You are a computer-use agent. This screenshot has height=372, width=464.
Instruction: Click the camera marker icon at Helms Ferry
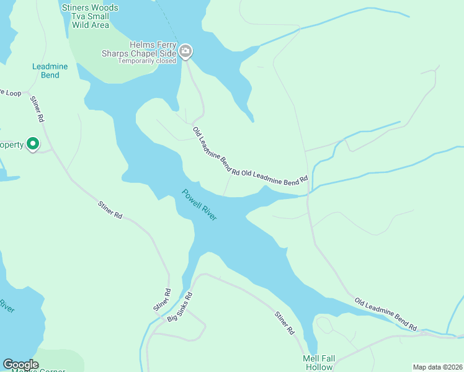[185, 51]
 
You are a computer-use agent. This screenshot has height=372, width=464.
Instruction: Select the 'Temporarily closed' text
[147, 61]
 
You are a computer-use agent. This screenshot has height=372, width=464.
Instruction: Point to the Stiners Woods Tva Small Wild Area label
[90, 16]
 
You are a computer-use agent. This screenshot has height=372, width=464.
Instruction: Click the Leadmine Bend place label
[46, 71]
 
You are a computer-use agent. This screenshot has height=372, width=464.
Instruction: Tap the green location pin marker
[32, 144]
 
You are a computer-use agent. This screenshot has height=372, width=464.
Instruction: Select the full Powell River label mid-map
[199, 206]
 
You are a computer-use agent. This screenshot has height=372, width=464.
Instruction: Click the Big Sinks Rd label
[181, 307]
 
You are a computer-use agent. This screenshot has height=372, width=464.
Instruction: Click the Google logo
[20, 365]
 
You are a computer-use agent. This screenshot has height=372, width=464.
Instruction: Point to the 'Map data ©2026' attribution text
[437, 367]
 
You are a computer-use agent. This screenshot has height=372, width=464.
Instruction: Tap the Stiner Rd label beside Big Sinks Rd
[161, 300]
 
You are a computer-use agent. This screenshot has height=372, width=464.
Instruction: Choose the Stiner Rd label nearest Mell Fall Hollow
[285, 322]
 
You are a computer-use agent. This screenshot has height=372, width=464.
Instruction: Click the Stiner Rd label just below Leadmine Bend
[37, 108]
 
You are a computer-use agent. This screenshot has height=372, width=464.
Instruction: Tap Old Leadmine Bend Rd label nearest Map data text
[386, 314]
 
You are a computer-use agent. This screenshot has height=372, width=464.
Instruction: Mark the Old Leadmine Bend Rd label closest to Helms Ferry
[215, 150]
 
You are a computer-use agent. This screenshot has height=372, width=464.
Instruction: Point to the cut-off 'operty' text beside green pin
[11, 145]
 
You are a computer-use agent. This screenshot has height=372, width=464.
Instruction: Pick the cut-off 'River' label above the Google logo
[6, 306]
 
